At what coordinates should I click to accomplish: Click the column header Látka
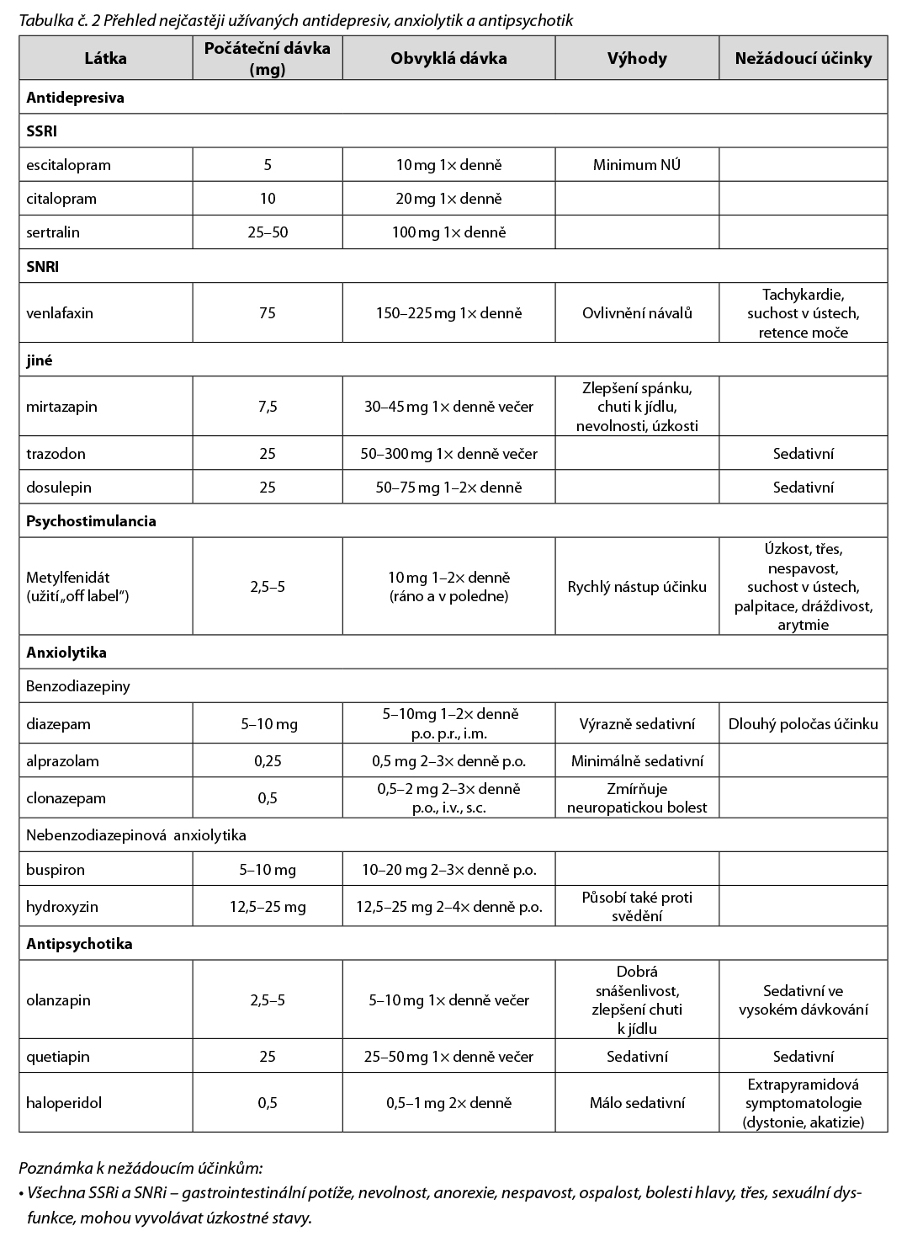point(106,58)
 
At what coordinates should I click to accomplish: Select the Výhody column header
point(637,58)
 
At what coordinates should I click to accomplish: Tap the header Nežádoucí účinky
point(804,58)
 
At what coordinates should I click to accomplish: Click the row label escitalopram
point(68,165)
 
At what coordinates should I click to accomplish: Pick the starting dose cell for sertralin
point(268,232)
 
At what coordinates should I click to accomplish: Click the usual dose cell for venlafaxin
point(448,313)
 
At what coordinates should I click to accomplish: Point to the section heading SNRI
point(42,267)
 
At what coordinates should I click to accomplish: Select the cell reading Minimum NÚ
point(637,165)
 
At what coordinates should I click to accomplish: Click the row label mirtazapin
point(61,407)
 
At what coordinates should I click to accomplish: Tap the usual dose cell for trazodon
point(448,454)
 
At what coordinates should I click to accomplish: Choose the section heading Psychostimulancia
point(91,521)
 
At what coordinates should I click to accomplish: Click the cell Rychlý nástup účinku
point(637,587)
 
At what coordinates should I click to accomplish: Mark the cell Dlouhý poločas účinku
point(804,724)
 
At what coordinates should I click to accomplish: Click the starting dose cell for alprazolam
point(268,761)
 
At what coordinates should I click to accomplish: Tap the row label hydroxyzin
point(62,907)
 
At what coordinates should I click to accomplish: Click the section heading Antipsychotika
point(79,944)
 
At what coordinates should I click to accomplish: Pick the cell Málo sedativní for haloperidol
point(637,1103)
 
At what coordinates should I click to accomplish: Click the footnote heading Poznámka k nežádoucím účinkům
point(141,1168)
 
